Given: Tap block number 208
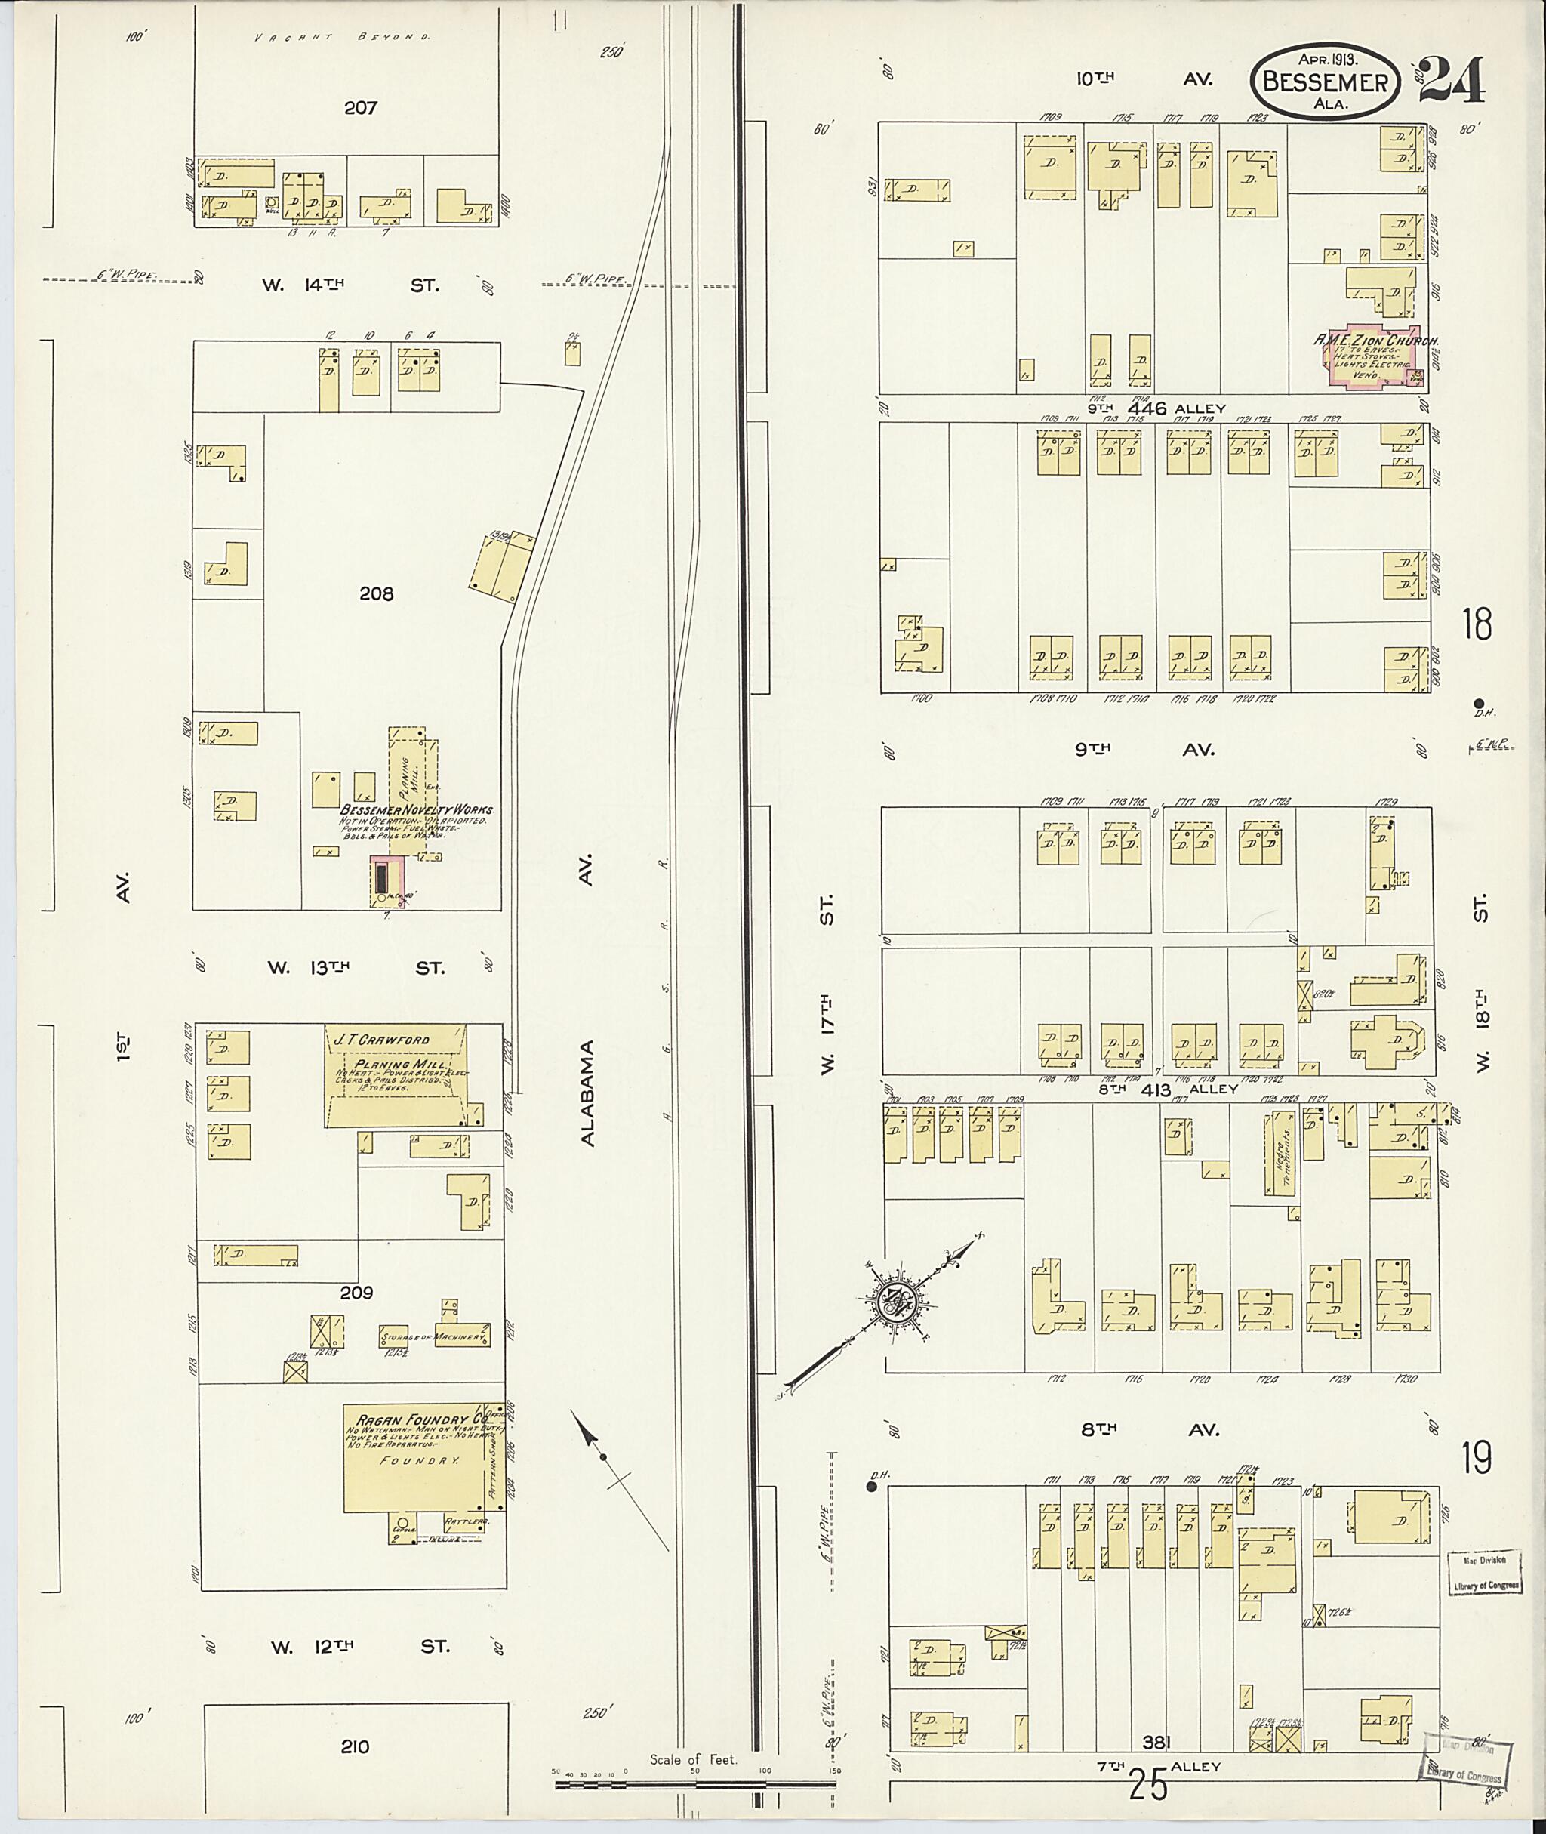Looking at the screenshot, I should [x=376, y=593].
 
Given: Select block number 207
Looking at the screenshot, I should [x=360, y=108].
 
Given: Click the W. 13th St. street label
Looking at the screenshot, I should [x=356, y=968].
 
